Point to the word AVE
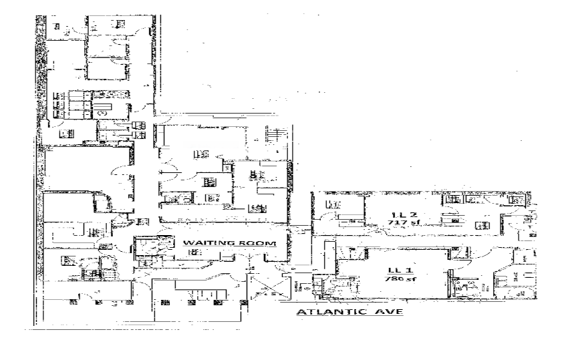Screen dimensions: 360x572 coord(387,312)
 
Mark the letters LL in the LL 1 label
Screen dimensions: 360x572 coord(390,271)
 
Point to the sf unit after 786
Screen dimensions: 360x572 coord(403,281)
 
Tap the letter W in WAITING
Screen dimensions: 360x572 coord(187,243)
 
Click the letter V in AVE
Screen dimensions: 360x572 coord(387,312)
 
